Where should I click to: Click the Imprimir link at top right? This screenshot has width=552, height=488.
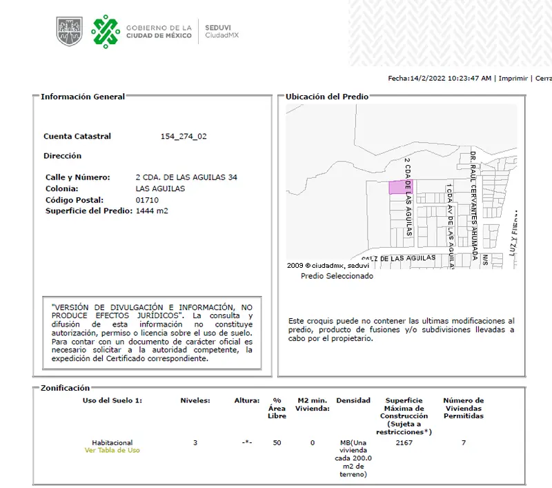[513, 79]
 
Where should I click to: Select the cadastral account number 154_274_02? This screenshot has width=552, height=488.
[184, 137]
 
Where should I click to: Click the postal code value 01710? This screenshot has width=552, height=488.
[147, 200]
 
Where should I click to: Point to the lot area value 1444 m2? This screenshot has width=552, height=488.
[152, 211]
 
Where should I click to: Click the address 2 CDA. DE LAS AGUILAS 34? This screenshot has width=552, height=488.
[186, 177]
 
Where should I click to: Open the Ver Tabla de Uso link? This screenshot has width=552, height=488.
[112, 451]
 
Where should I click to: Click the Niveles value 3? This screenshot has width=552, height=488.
[195, 442]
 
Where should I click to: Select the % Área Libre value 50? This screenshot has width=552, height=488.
[277, 442]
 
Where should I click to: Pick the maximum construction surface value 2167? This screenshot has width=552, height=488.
[404, 442]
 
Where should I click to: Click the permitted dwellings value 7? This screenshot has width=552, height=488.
[463, 442]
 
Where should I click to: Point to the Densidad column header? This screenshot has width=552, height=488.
[353, 401]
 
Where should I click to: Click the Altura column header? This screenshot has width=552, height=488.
[246, 401]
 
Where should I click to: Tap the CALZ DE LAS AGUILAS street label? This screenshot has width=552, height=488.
[399, 258]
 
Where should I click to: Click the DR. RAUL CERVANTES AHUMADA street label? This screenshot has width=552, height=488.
[473, 204]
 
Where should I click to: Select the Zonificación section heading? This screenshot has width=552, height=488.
[66, 389]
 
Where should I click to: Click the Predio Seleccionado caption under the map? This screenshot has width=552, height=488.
[337, 276]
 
